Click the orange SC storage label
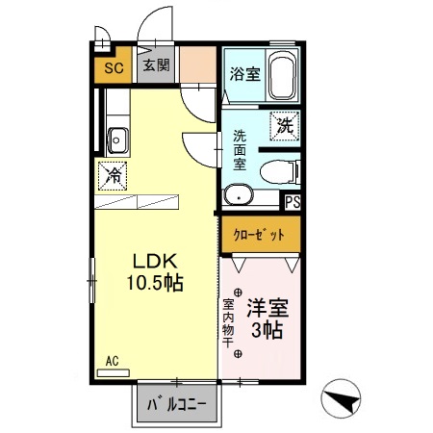pos(112,67)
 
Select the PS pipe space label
pos(293,201)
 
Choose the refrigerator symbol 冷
pos(114,175)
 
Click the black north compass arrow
pos(344,395)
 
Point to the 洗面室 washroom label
pos(240,150)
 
